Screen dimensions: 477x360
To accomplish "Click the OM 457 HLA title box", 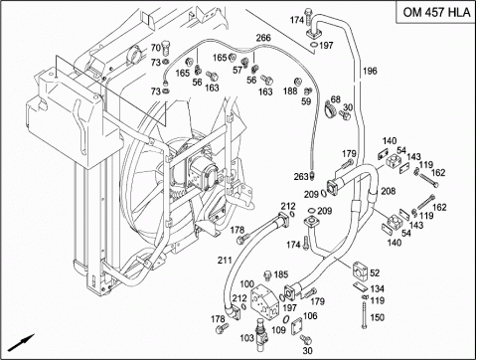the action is [x=436, y=12].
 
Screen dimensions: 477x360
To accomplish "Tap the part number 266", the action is [x=263, y=38].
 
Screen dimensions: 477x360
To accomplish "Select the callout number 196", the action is [x=370, y=71].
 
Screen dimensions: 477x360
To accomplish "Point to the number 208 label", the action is [x=388, y=191].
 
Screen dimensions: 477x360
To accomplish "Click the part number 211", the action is [x=225, y=261].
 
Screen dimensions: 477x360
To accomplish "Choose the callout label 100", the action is [x=246, y=284].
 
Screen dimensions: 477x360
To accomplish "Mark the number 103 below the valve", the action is [x=246, y=338].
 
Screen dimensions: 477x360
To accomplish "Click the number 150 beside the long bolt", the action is [x=377, y=317].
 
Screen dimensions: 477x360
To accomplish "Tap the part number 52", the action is [x=375, y=272].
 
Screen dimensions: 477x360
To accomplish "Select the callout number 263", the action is [x=301, y=177].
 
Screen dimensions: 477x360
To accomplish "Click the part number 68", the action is [x=336, y=99].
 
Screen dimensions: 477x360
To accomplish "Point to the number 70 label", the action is [x=156, y=48].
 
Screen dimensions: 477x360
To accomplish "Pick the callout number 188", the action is [x=290, y=90].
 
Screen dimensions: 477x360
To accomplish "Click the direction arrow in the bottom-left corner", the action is [x=22, y=342].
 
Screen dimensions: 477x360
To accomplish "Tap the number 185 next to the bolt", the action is [x=281, y=274].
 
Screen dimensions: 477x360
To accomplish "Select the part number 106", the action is [x=310, y=315].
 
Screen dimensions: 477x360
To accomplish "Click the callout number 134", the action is [x=377, y=288].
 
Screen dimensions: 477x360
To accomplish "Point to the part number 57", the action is [x=238, y=70].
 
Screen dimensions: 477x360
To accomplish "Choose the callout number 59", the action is [x=306, y=101].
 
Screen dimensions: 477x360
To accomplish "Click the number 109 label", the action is [x=278, y=330].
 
